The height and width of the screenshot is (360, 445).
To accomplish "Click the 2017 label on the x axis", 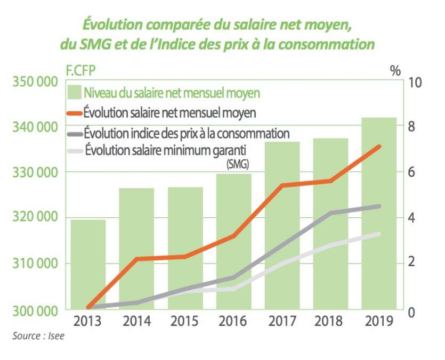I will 282,321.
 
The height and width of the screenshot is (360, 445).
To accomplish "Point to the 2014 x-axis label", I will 136,321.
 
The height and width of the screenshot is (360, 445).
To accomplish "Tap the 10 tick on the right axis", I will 414,83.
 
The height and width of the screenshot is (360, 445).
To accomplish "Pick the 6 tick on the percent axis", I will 412,173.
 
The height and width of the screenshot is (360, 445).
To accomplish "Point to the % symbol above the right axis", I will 395,71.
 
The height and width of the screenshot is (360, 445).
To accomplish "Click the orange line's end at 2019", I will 379,146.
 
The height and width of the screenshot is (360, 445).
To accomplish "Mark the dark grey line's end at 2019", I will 379,206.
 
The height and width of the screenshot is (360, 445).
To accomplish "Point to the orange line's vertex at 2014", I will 137,259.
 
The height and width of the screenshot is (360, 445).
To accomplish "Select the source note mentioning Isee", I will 38,336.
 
